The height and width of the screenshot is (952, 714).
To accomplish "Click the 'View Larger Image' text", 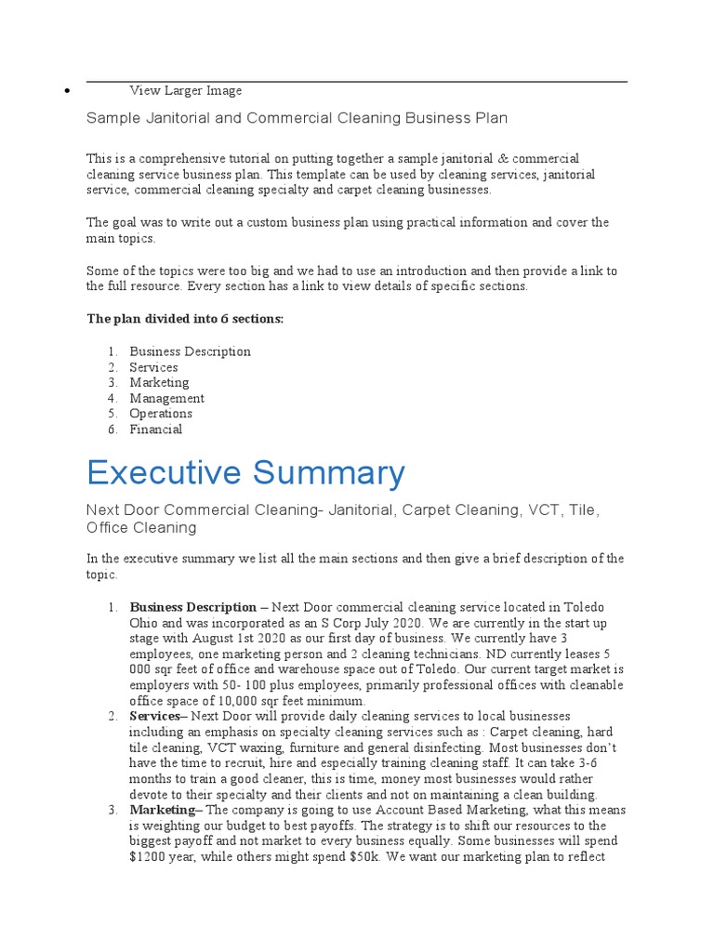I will pos(185,90).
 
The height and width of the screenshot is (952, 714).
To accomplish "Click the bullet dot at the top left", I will pos(68,92).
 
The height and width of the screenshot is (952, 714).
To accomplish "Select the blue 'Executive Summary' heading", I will pos(245,473).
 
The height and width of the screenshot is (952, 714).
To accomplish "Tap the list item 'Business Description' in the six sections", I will pos(190,351).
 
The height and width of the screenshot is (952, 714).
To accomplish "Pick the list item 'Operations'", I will pos(161,414).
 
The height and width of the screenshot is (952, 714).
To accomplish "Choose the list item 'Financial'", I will pos(155,430).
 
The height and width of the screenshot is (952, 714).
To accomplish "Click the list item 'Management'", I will pos(166,398).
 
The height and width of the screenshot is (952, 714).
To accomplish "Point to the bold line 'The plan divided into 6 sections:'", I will pos(185,319).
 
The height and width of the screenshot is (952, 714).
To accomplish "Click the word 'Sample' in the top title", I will pos(112,118).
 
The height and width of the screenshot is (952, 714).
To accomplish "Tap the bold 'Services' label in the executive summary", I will pos(155,716).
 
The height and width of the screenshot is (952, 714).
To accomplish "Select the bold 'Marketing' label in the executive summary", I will pos(161,810).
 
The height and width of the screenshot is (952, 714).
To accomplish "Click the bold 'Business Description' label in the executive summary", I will pos(192,607).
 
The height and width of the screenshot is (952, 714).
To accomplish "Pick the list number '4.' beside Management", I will pos(112,398).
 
